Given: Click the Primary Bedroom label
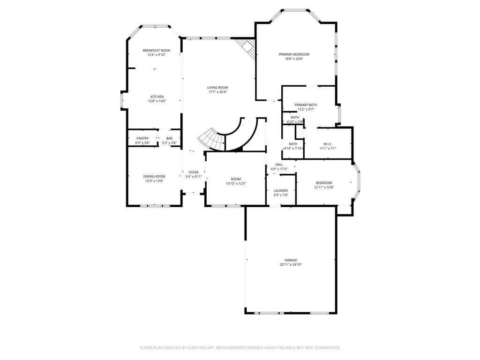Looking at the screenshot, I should tap(294, 54).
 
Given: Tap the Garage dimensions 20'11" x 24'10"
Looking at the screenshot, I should tap(291, 264).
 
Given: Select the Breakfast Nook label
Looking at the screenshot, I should tap(157, 50).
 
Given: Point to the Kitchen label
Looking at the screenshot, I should tap(157, 97).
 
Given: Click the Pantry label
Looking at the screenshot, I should tap(142, 138).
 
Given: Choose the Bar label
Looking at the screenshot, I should tap(169, 138).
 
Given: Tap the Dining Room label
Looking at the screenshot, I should tap(154, 176).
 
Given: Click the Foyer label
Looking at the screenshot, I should tap(194, 172).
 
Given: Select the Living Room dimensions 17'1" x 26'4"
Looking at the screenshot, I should tap(217, 92).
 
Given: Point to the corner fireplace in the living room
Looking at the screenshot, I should tap(247, 47).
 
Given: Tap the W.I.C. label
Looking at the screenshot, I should tap(328, 144).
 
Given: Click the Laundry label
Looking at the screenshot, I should tap(281, 190).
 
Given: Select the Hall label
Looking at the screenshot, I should tap(279, 165).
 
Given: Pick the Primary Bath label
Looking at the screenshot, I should tap(306, 105).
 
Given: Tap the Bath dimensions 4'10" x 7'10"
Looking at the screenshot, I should tap(293, 148).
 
